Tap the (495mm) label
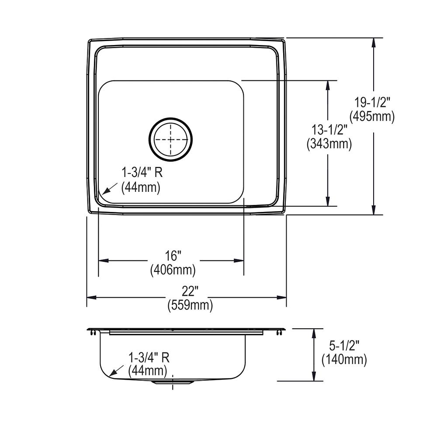pos(372,116)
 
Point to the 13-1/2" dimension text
pos(329,130)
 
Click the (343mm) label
pos(329,144)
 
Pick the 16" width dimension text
pos(173,256)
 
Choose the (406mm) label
pos(173,270)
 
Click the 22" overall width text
pos(190,291)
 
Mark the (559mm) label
pos(190,305)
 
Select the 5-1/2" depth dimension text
pos(344,346)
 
